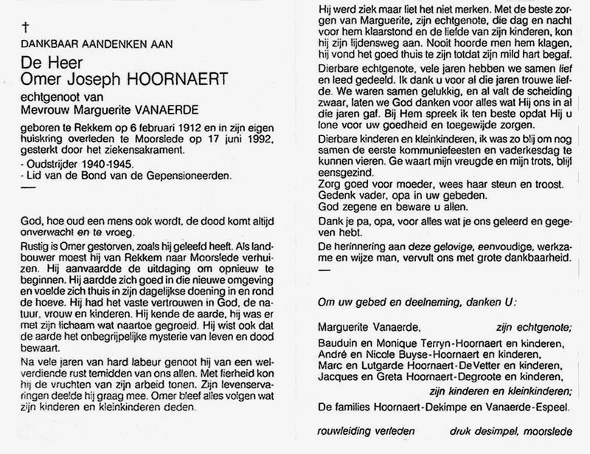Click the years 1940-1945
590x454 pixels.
111,162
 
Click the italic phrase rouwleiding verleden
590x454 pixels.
362,432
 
